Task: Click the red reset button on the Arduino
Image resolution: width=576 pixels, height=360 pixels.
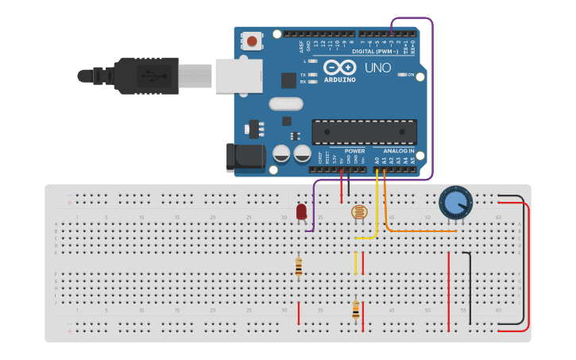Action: click(x=252, y=41)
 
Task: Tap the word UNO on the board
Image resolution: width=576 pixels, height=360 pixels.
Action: click(x=377, y=68)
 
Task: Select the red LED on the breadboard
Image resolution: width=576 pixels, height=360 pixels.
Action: click(x=301, y=211)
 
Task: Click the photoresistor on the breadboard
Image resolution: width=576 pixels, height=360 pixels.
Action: click(x=359, y=212)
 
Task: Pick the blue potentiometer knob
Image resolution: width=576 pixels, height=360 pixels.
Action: click(x=455, y=203)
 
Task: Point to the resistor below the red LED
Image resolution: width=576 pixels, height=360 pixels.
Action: click(x=298, y=267)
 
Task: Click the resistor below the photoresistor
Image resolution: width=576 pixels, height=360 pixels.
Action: click(x=355, y=308)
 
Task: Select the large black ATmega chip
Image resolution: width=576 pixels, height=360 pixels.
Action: click(x=364, y=132)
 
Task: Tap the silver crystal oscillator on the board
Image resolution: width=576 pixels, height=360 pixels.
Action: click(x=285, y=103)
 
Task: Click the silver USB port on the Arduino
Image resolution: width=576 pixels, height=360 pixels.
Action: click(x=238, y=75)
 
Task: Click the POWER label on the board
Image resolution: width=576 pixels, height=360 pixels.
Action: click(x=354, y=150)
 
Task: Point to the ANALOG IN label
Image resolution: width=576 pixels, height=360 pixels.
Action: click(x=398, y=150)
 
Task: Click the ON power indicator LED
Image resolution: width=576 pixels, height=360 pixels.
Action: click(x=400, y=75)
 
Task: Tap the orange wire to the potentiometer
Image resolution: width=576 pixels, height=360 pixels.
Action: click(x=421, y=230)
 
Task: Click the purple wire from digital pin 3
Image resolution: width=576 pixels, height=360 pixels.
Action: click(x=432, y=95)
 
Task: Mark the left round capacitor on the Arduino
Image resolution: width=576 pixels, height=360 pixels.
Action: click(x=281, y=153)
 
